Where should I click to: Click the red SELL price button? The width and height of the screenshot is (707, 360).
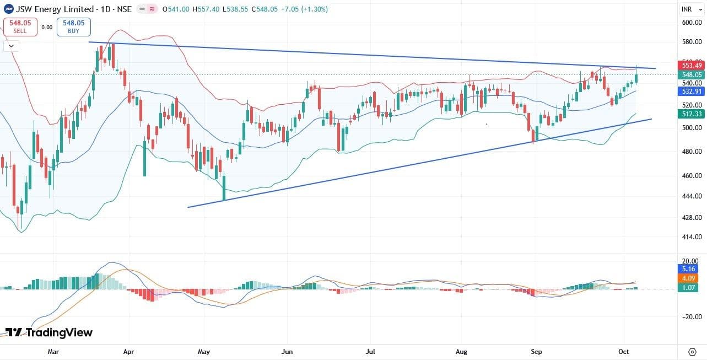[x=20, y=26]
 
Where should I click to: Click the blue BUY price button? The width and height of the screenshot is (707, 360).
[x=73, y=26]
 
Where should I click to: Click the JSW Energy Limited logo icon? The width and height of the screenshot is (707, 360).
[x=9, y=9]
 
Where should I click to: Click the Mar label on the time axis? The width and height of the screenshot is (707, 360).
[x=53, y=351]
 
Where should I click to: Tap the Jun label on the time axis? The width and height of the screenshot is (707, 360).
[x=287, y=351]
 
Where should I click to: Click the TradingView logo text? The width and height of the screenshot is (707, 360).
[x=49, y=332]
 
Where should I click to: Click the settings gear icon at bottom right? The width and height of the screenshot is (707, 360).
[x=692, y=351]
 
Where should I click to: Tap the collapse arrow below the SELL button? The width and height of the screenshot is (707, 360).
[x=11, y=46]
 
